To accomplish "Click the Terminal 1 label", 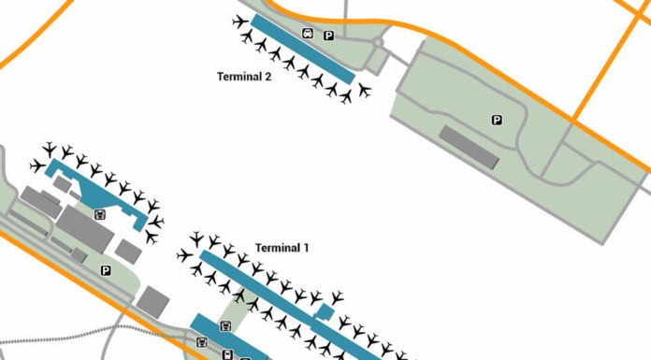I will pyautogui.click(x=282, y=248).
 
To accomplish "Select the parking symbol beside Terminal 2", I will pyautogui.click(x=328, y=36).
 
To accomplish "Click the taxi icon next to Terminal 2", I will pyautogui.click(x=308, y=35).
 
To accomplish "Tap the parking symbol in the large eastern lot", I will pyautogui.click(x=497, y=120).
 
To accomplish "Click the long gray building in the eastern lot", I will pyautogui.click(x=469, y=148).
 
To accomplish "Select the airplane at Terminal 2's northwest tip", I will pyautogui.click(x=240, y=21).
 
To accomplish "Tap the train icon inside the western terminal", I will pyautogui.click(x=100, y=213).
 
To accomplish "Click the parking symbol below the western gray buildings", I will pyautogui.click(x=106, y=270).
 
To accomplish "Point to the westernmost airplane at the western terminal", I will pyautogui.click(x=36, y=166).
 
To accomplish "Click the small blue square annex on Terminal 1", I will pyautogui.click(x=324, y=311).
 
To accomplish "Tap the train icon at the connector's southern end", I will pyautogui.click(x=225, y=326).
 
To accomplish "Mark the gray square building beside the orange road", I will pyautogui.click(x=152, y=301).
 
